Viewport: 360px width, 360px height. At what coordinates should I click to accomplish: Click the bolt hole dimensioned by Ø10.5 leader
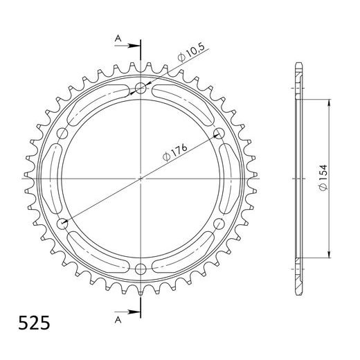coord(141,88)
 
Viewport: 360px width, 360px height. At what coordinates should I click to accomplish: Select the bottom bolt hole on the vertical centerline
coord(141,269)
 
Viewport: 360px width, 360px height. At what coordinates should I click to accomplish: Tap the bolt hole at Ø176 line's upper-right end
coord(219,133)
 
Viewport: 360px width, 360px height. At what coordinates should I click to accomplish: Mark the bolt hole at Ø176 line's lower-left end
coord(63,223)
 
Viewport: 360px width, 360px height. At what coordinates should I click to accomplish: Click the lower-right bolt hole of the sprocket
coord(219,223)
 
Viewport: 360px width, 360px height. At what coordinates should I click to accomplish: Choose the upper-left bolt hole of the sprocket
coord(63,133)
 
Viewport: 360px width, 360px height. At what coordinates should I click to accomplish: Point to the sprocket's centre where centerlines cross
coord(141,178)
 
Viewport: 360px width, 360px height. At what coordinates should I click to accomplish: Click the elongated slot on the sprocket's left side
coord(51,178)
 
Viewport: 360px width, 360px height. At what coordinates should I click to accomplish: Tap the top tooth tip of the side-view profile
coord(298,65)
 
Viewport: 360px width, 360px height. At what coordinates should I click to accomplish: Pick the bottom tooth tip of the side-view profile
coord(298,291)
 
